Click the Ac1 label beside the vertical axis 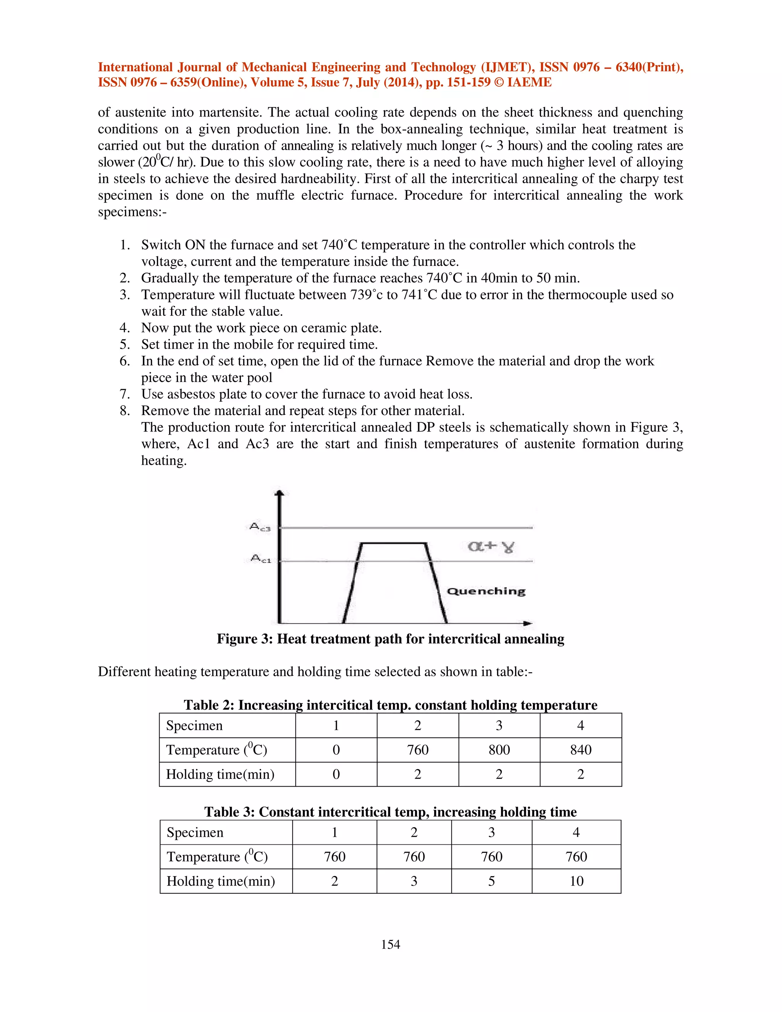[260, 559]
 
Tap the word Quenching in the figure [486, 591]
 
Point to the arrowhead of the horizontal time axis [528, 624]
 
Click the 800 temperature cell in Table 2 [499, 750]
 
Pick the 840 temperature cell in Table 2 [580, 750]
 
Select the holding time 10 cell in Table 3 [576, 881]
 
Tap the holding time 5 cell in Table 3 [491, 881]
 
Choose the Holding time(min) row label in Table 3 [221, 881]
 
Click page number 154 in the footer [391, 944]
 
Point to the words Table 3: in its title [229, 812]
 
